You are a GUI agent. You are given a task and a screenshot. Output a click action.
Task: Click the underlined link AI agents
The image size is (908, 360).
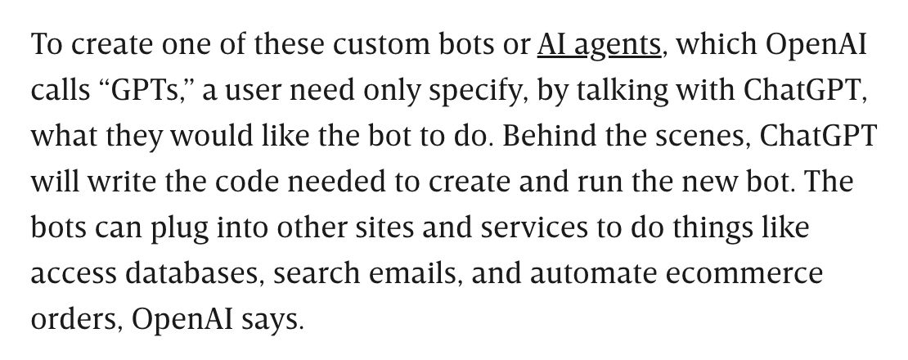click(x=598, y=44)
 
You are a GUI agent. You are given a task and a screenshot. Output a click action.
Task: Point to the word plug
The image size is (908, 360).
click(x=178, y=227)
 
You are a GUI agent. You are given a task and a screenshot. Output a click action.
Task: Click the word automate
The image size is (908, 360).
click(x=591, y=273)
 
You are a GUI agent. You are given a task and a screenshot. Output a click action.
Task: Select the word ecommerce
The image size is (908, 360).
click(x=743, y=273)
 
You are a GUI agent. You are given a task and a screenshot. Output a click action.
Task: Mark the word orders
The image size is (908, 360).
click(x=75, y=319)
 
